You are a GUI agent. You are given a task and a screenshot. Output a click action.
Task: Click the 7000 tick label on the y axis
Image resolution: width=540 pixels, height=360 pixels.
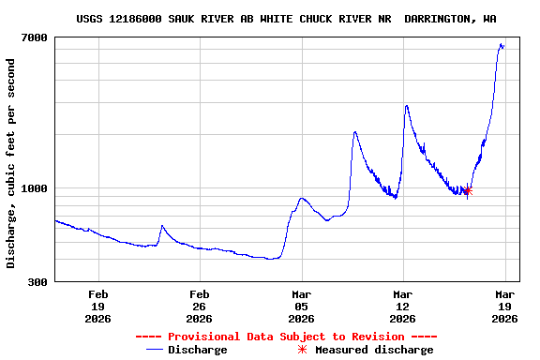34,37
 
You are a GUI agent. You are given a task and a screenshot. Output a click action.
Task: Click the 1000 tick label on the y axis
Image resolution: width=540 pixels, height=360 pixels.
34,188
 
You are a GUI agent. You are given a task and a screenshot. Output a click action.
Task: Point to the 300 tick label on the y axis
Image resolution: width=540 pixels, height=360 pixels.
37,282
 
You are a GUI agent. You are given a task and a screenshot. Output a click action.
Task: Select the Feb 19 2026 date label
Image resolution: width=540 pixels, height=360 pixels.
97,307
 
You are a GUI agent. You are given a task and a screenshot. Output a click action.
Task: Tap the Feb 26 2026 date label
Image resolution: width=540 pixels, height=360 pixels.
199,307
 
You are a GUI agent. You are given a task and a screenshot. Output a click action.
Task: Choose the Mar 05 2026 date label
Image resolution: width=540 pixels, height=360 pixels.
301,307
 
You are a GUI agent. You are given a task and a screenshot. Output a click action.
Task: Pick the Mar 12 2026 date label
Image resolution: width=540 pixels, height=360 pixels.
402,307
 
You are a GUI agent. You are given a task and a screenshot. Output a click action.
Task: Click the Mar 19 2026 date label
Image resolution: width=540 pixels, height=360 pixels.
504,307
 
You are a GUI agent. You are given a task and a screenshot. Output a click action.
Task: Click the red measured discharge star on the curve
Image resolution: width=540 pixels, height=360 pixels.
468,190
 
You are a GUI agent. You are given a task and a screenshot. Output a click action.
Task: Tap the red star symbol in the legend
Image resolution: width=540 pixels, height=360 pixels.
302,350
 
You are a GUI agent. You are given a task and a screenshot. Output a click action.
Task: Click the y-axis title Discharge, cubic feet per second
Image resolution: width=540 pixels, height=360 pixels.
11,163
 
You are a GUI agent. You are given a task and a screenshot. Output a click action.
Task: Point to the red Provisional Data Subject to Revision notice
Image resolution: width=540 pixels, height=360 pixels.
286,337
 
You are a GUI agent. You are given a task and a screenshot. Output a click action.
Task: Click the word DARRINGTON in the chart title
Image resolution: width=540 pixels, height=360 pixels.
440,19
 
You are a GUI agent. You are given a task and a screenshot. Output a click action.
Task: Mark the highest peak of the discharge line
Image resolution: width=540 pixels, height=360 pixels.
502,43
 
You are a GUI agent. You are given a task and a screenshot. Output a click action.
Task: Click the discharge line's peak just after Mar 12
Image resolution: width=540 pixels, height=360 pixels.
406,106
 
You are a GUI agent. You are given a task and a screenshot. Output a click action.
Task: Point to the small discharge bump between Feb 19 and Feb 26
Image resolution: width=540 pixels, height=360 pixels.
162,226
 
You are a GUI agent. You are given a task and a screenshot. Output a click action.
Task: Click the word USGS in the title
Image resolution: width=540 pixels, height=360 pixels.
91,19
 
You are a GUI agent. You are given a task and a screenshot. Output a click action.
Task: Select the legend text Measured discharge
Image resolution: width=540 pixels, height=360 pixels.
374,350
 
